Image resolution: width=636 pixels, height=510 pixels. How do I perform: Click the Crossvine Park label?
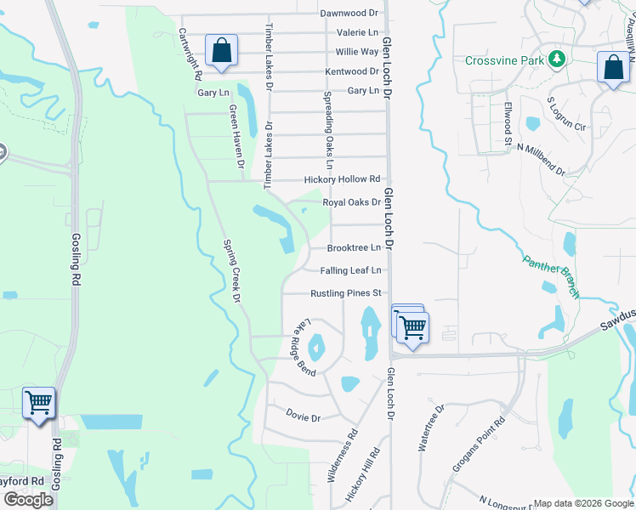[504, 60]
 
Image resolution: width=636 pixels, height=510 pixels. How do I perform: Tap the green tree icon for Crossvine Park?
[556, 59]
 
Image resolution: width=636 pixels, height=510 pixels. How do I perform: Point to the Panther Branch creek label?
[551, 277]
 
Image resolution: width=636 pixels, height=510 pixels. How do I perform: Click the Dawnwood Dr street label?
[349, 13]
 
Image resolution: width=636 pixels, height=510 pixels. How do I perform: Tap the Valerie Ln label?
[357, 32]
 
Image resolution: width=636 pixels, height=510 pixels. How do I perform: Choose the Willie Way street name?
[357, 52]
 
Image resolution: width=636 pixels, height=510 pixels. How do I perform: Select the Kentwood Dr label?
[351, 71]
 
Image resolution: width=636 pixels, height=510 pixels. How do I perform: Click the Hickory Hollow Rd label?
[343, 179]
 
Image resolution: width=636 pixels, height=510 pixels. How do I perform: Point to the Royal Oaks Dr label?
[351, 202]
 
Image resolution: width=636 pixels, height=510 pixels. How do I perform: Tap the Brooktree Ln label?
[354, 247]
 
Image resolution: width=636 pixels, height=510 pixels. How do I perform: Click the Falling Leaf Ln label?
[351, 270]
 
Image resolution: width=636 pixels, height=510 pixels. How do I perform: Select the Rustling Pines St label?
[346, 293]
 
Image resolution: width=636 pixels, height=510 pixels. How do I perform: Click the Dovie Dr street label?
[303, 417]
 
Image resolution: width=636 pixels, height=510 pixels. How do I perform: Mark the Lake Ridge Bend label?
[305, 348]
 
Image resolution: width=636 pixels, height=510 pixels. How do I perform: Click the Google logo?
[28, 500]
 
